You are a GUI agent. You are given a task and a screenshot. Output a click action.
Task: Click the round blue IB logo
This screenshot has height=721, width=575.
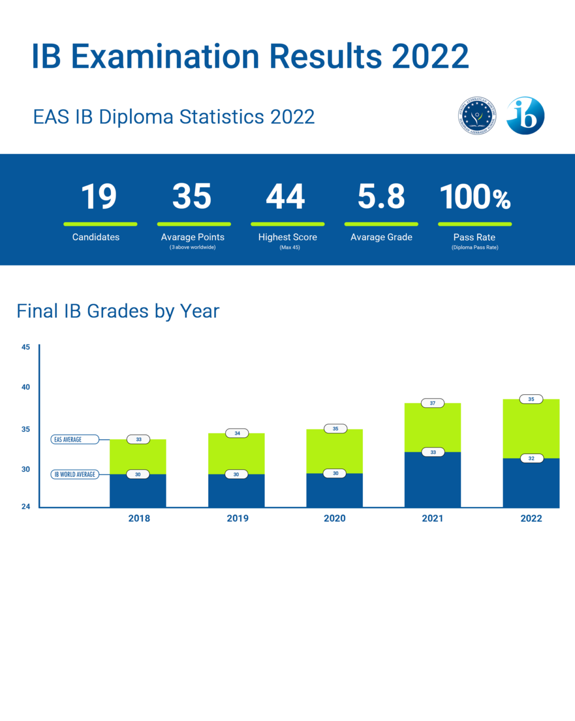click(525, 116)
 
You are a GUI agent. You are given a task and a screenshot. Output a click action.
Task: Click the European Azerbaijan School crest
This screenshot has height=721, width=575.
click(477, 115)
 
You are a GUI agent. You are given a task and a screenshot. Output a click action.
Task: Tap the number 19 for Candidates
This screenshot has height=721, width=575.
click(99, 197)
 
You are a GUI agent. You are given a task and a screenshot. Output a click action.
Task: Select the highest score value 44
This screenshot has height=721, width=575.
click(286, 197)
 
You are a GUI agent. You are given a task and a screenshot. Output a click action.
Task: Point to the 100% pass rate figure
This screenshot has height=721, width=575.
click(475, 197)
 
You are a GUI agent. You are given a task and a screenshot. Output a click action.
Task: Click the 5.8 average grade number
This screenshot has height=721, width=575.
click(381, 197)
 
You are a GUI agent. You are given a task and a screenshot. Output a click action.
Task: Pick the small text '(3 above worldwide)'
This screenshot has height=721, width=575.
click(193, 247)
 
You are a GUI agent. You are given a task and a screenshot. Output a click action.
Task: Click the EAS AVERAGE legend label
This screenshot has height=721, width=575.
click(75, 439)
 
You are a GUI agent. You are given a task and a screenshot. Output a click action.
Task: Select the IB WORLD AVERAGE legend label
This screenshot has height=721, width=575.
click(75, 474)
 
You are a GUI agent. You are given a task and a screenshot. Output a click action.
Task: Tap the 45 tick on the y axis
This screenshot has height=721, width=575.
click(25, 347)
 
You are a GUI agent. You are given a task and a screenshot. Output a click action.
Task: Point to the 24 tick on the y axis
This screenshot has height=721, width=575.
click(25, 506)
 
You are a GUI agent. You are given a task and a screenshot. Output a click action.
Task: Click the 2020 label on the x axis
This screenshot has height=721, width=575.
click(334, 518)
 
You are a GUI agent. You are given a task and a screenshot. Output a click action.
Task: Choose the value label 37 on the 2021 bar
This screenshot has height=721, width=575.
click(432, 403)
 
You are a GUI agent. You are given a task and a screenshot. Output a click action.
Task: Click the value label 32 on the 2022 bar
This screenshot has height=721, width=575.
click(531, 458)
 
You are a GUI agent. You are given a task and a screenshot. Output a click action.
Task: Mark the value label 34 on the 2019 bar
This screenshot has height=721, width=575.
click(237, 433)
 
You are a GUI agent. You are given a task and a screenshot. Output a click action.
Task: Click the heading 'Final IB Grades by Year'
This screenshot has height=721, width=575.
click(118, 311)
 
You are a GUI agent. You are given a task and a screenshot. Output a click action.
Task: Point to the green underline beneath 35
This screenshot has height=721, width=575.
click(194, 224)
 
